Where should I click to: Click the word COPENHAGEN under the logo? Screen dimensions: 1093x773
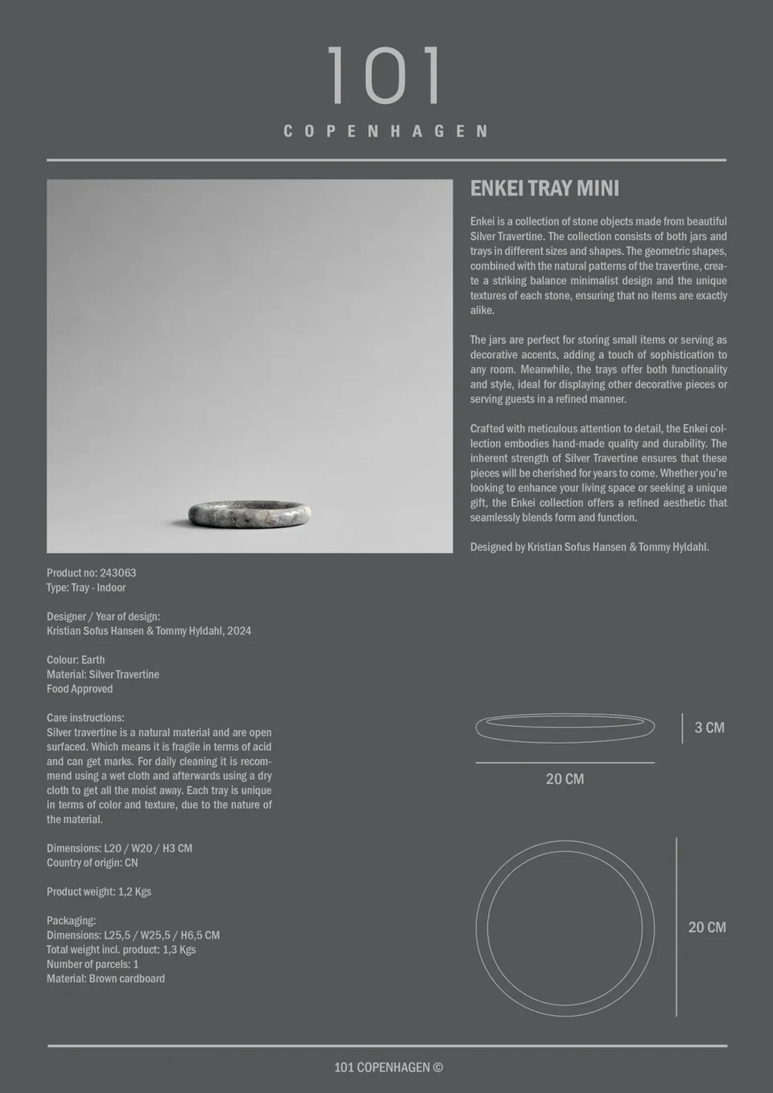click(x=386, y=131)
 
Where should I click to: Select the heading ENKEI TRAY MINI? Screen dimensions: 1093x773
click(x=544, y=188)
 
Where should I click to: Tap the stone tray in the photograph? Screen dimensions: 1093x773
click(x=250, y=513)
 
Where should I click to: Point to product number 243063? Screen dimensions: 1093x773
click(x=118, y=573)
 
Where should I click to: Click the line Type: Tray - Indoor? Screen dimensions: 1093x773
click(x=86, y=588)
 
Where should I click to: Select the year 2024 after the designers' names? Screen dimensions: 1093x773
click(x=239, y=631)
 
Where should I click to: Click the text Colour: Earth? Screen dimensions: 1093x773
click(x=76, y=660)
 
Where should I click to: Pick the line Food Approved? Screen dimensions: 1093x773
click(x=80, y=689)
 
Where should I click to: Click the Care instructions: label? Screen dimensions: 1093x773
click(x=85, y=718)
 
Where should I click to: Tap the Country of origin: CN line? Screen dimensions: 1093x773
click(x=92, y=863)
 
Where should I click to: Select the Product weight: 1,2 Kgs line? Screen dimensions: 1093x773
click(x=99, y=892)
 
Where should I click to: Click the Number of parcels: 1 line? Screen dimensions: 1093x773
click(x=93, y=964)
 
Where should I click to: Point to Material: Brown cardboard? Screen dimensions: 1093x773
click(x=105, y=979)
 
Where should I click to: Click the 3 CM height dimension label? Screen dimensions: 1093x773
click(x=709, y=728)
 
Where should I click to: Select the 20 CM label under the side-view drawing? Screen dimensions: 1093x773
click(x=564, y=779)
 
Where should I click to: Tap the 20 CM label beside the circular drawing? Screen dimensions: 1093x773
click(x=707, y=927)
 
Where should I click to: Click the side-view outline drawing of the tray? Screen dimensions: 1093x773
click(x=564, y=728)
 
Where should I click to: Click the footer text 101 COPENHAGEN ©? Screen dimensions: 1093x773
click(x=388, y=1067)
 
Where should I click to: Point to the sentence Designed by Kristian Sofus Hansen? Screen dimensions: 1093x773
click(x=589, y=547)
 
